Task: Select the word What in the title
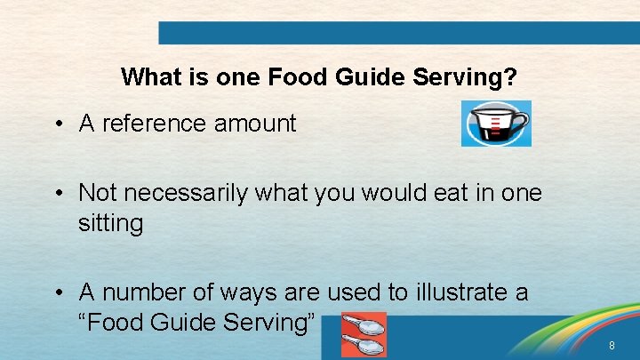149,77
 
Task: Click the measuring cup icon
495,124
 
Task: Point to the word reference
155,124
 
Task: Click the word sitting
110,222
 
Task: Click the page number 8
611,345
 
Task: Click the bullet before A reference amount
56,124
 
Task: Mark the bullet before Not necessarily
56,193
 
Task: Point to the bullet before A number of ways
56,292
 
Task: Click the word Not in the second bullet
97,192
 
